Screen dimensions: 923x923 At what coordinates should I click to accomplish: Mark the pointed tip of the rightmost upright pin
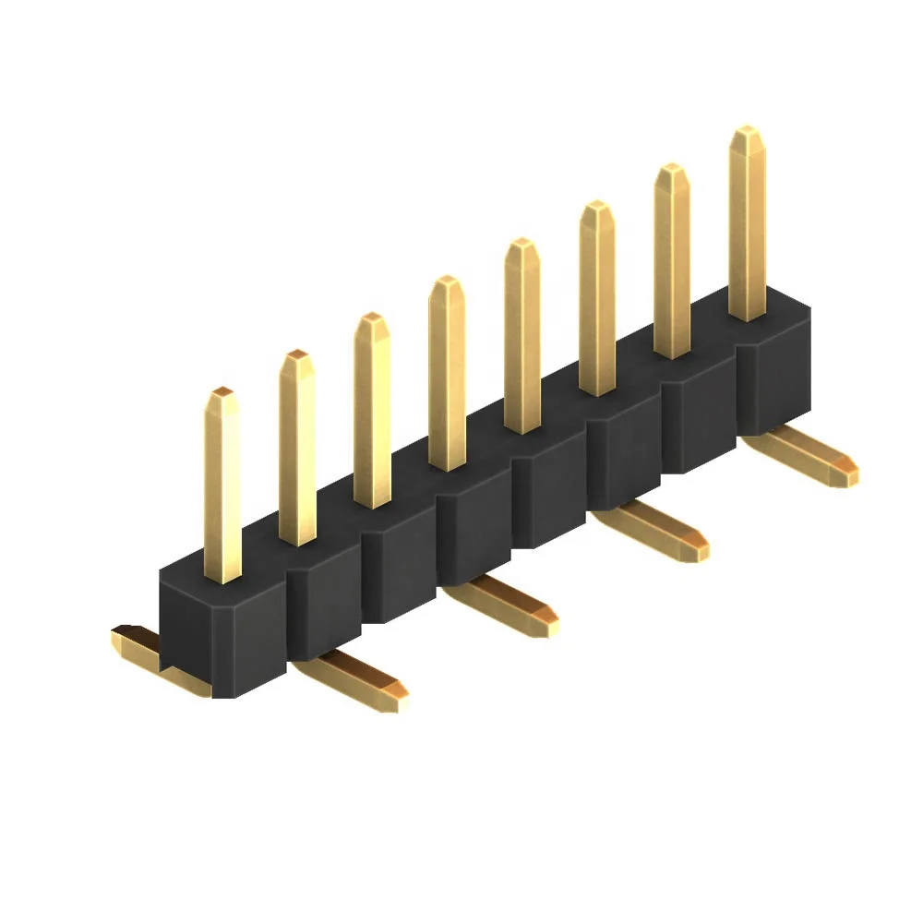[x=747, y=134]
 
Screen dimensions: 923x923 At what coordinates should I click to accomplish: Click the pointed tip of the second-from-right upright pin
[x=672, y=171]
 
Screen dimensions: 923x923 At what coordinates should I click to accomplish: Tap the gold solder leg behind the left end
[x=138, y=646]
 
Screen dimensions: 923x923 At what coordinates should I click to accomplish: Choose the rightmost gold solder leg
[x=803, y=457]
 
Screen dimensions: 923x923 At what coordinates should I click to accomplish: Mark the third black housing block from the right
[x=624, y=452]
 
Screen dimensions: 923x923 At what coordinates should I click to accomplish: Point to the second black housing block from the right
[x=698, y=415]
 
